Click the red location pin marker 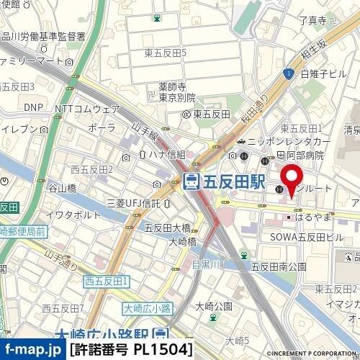pos(291,180)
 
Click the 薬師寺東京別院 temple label pos(177,92)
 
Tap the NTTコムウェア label pos(87,109)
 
